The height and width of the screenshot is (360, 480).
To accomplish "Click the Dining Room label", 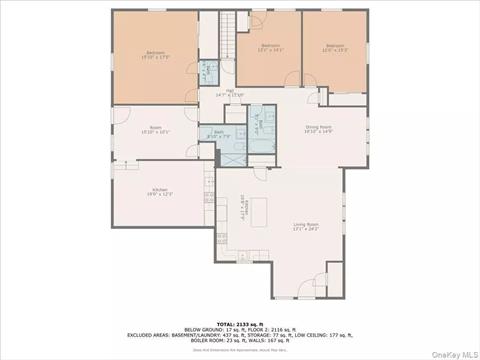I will (318, 129).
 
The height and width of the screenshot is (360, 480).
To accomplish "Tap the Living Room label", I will (305, 226).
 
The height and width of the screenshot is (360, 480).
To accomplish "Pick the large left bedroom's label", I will (155, 56).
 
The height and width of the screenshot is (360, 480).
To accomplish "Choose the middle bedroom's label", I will (271, 48).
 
